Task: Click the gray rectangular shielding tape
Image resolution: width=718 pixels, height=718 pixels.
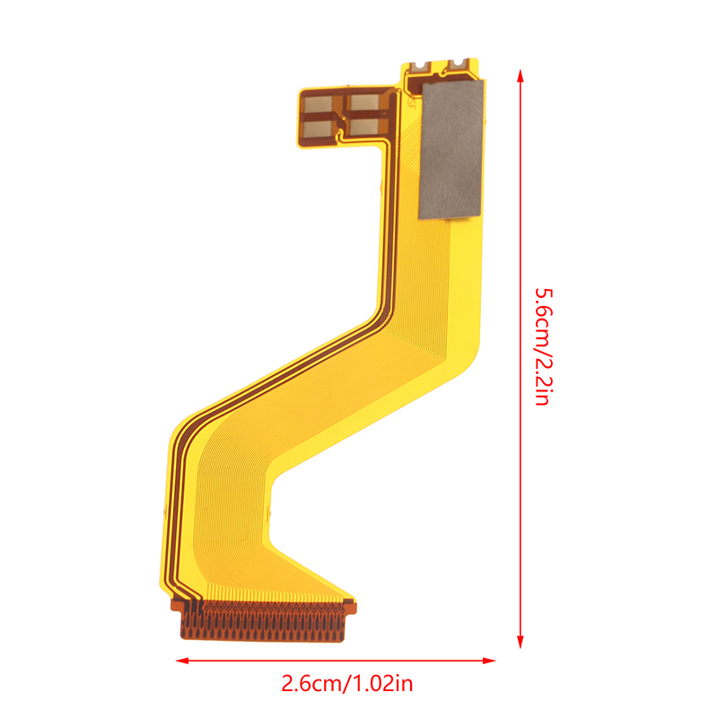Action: click(451, 149)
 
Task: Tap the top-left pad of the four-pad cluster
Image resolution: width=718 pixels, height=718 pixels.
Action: click(319, 104)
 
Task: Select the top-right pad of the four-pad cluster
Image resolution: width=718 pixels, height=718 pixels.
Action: click(365, 101)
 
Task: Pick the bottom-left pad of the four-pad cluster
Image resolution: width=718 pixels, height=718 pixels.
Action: click(320, 128)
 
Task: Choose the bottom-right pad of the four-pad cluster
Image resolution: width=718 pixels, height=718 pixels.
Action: click(364, 126)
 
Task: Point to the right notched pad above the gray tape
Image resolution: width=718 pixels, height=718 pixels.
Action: click(460, 64)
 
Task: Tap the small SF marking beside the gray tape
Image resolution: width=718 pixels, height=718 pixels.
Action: click(410, 102)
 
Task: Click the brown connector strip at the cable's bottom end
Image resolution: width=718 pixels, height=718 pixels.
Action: click(263, 620)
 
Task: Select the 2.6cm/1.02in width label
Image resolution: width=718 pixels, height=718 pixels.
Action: click(347, 684)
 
